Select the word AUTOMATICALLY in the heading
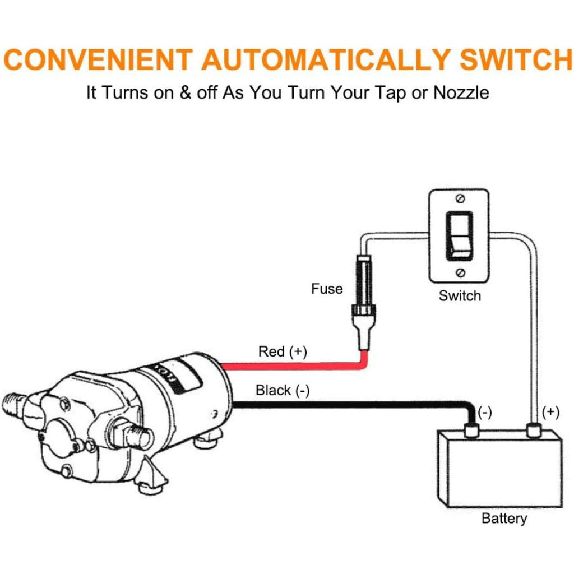(325, 60)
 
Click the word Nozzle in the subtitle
(461, 92)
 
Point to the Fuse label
(327, 289)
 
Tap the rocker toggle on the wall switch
(460, 236)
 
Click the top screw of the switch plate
(460, 199)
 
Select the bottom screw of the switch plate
(460, 273)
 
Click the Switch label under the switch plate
(460, 296)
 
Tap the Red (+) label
(283, 352)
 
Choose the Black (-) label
(283, 391)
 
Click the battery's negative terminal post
(471, 430)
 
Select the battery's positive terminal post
(534, 430)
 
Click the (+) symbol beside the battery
(551, 413)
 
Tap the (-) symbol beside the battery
(484, 413)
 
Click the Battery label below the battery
(504, 519)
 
